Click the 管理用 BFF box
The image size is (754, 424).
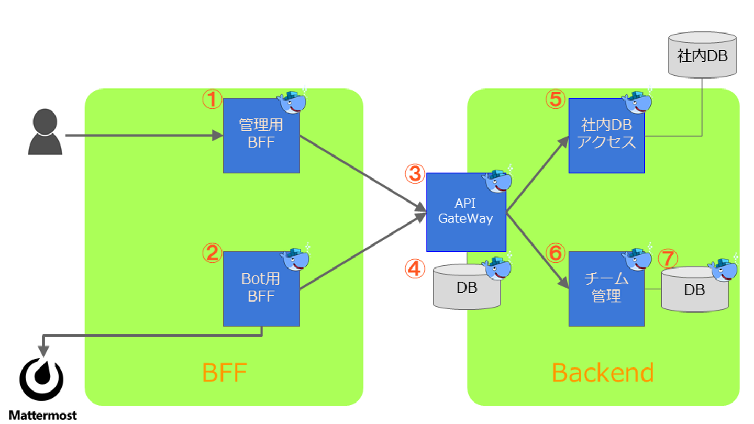click(261, 135)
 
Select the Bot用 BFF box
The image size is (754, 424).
click(261, 288)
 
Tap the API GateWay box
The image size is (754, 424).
click(465, 211)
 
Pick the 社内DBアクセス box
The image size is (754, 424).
click(606, 135)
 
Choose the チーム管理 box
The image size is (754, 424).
click(606, 288)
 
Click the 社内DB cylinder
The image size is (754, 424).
click(702, 55)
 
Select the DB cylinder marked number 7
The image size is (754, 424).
click(694, 290)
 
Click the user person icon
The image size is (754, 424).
click(45, 132)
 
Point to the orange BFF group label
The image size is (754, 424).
click(224, 373)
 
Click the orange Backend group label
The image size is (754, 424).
click(603, 373)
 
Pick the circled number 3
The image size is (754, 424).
click(415, 174)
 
